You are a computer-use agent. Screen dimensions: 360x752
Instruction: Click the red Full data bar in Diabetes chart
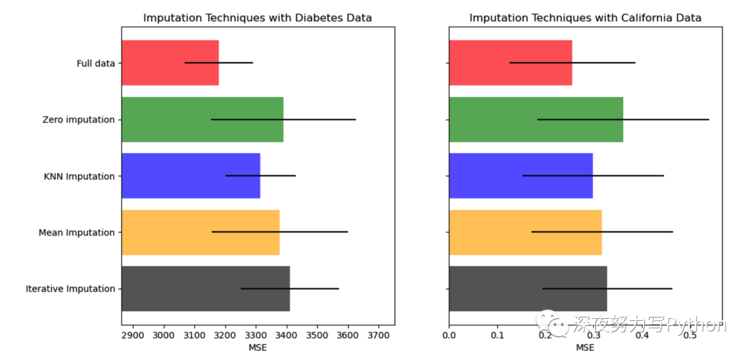click(153, 63)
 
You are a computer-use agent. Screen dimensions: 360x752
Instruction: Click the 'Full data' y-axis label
click(95, 63)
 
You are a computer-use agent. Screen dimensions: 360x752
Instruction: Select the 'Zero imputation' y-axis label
click(78, 120)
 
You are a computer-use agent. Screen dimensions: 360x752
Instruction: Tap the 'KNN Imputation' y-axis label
click(79, 176)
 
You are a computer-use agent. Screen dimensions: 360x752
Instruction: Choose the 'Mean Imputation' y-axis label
click(77, 233)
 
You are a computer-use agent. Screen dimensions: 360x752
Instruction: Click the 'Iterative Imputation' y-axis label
click(70, 289)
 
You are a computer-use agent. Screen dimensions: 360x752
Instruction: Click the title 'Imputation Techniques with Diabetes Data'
click(258, 18)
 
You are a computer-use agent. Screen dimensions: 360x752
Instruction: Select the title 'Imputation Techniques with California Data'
click(585, 18)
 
